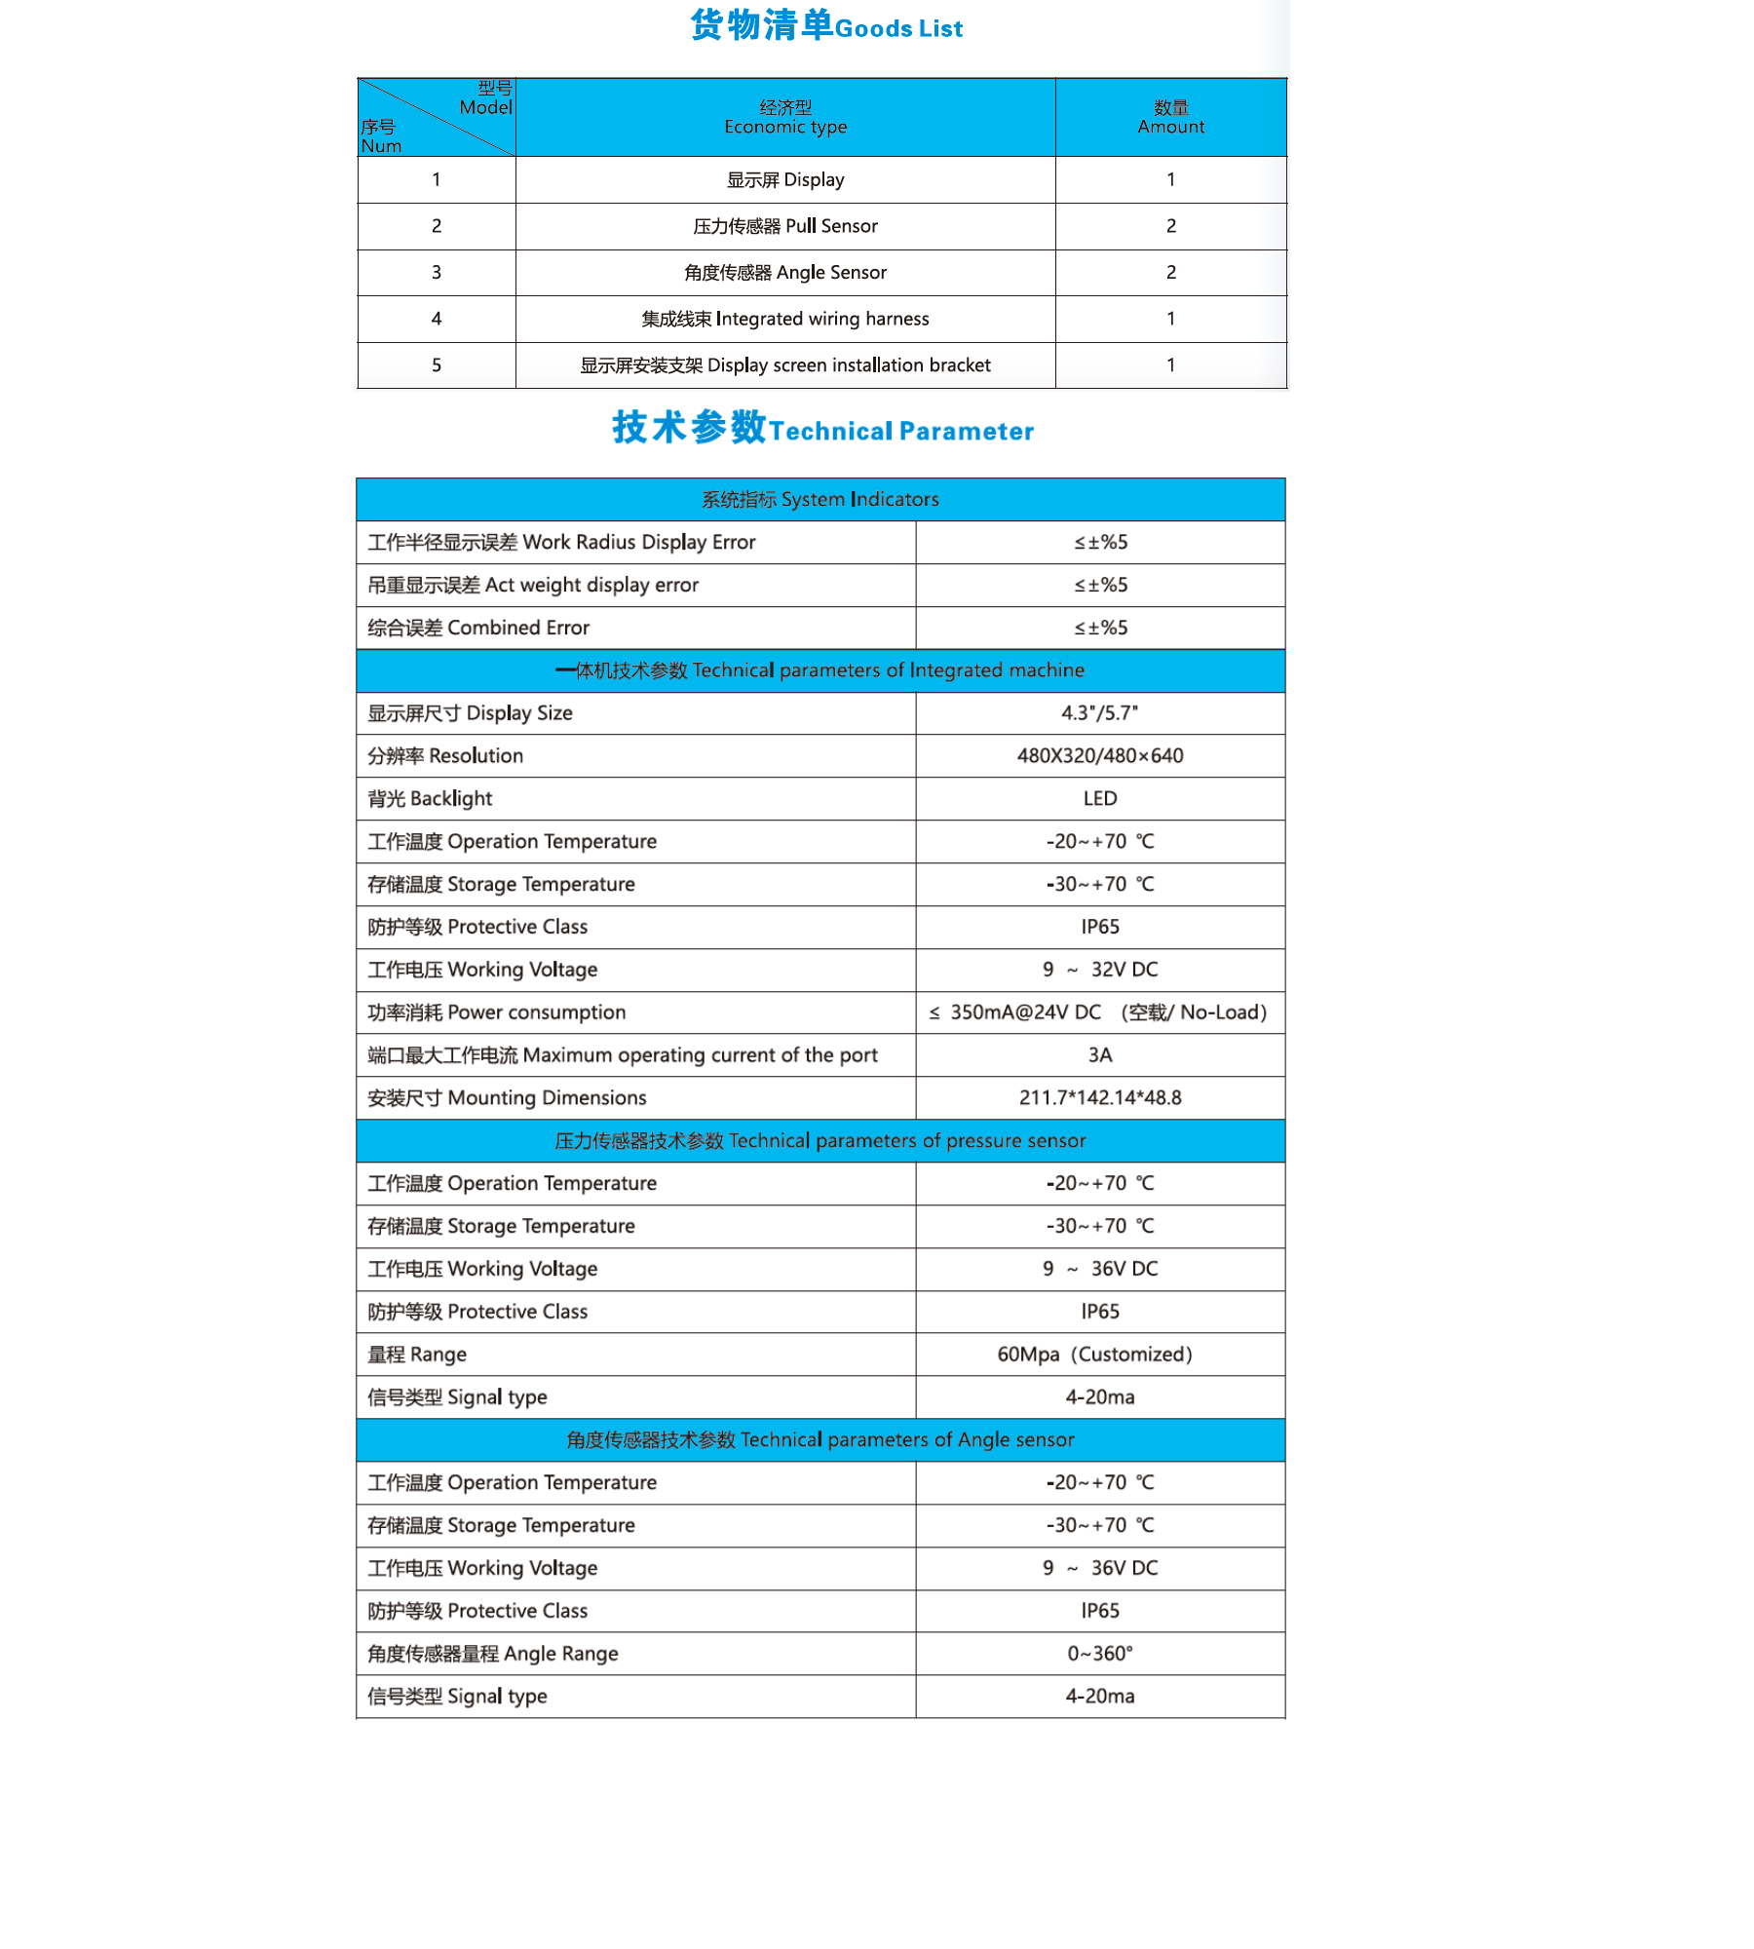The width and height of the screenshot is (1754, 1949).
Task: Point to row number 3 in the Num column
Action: tap(437, 273)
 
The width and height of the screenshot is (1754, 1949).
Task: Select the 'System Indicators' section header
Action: tap(820, 499)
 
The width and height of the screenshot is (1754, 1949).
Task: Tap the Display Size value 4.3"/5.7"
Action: tap(1100, 713)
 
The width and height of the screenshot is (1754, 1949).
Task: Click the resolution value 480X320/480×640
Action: tap(1100, 756)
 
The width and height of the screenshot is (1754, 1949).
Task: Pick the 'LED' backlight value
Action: tap(1100, 799)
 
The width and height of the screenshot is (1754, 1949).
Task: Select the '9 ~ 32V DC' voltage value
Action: tap(1100, 970)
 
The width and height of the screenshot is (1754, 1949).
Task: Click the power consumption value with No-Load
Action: tap(1100, 1013)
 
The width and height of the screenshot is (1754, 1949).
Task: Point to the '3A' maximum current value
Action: tap(1100, 1055)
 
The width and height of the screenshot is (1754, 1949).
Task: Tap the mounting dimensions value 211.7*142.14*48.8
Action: tap(1100, 1098)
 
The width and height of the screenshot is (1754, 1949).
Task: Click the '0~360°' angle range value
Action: tap(1100, 1654)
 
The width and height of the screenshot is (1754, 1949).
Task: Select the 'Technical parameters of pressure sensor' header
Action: tap(820, 1141)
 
